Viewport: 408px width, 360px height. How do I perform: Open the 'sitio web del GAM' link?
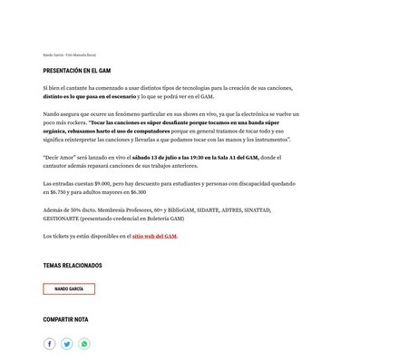pos(154,236)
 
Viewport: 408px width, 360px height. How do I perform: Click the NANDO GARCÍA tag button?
pos(69,288)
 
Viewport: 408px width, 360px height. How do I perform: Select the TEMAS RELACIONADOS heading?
pos(73,266)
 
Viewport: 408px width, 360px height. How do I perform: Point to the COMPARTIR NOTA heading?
pos(65,319)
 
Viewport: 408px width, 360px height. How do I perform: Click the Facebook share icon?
pos(50,344)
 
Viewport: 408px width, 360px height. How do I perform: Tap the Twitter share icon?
pos(67,344)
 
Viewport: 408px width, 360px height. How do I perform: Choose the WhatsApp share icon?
pos(84,344)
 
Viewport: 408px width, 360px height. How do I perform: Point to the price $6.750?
pos(53,192)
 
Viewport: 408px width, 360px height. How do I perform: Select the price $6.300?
pos(137,192)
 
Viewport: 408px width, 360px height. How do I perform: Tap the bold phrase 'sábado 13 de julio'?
pos(138,158)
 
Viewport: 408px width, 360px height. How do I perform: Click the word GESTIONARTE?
pos(63,219)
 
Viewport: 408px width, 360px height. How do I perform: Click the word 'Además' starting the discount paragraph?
pos(53,209)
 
